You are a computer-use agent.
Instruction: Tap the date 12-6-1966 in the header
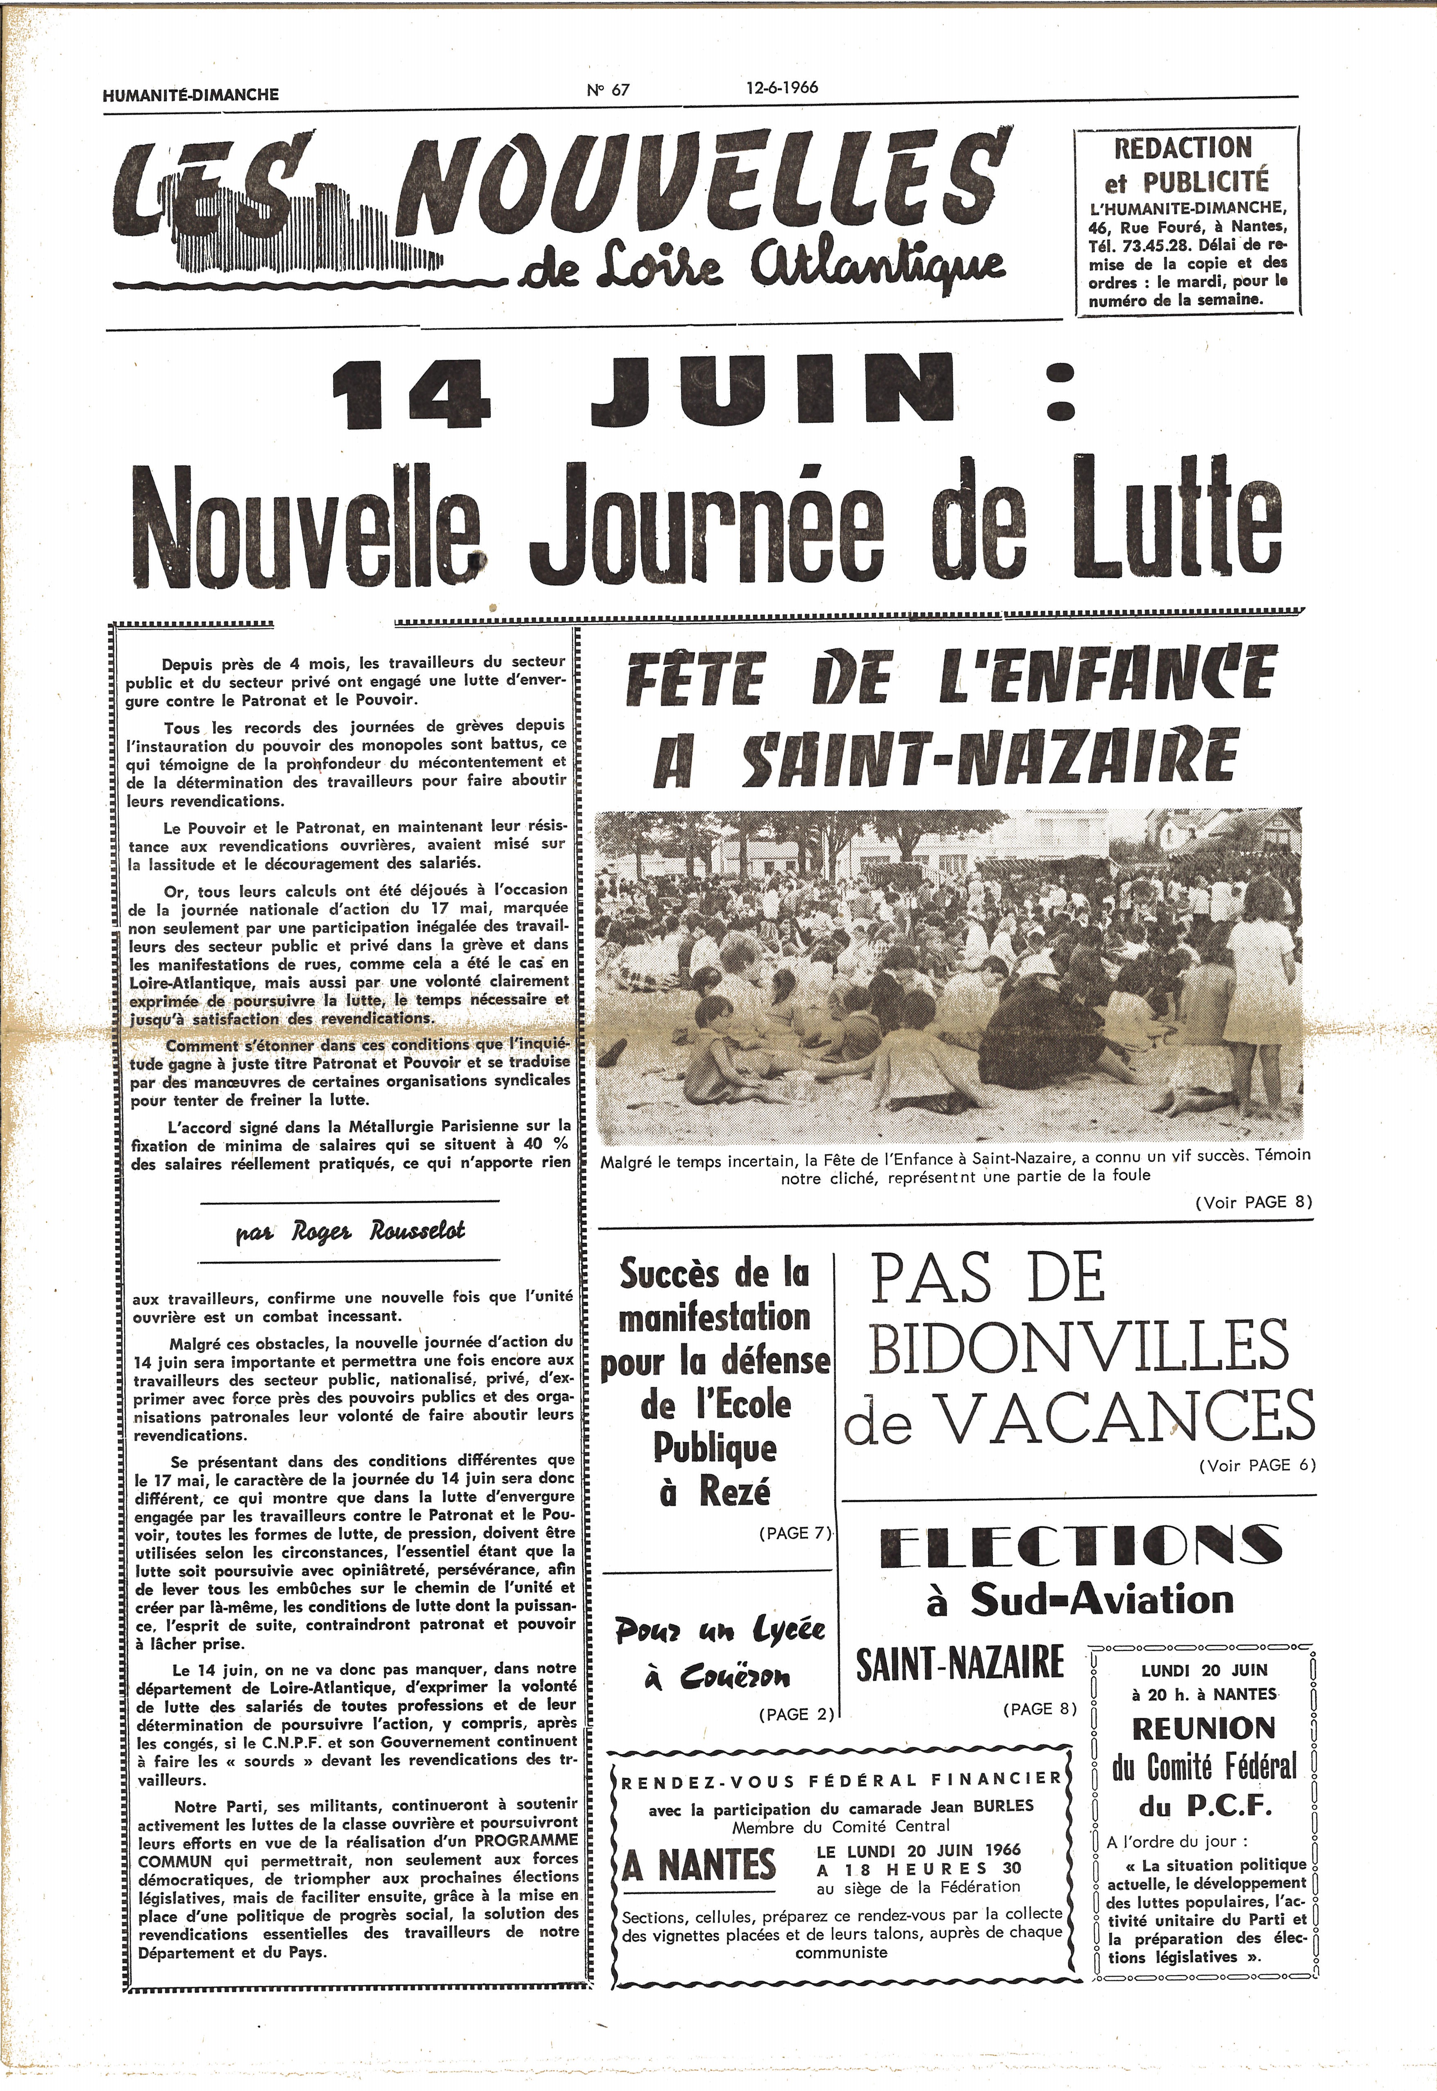tap(781, 87)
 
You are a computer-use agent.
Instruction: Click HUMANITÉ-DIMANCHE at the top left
tap(191, 94)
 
